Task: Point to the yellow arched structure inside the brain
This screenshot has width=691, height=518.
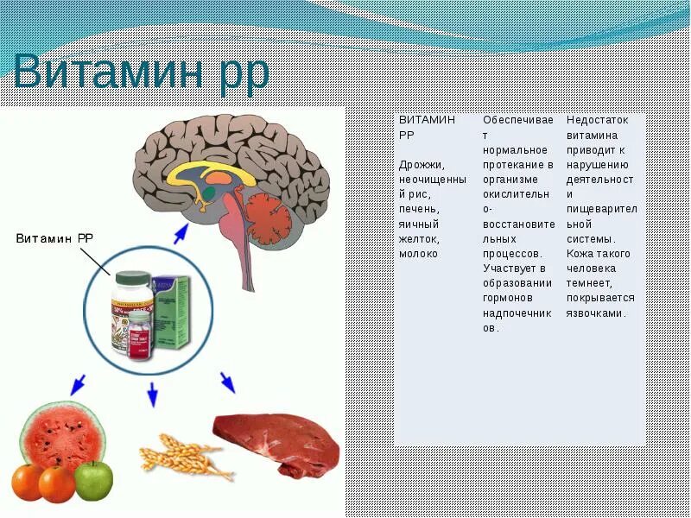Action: click(211, 174)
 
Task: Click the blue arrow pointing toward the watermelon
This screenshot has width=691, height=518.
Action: click(77, 383)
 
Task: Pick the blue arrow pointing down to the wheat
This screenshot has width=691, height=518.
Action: click(152, 394)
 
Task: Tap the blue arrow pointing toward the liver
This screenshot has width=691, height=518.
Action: click(227, 382)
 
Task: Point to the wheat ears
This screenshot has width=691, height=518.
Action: click(186, 455)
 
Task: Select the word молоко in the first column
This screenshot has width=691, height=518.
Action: click(419, 255)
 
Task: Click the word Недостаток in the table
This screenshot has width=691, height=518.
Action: click(598, 121)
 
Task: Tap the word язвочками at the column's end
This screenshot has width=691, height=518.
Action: click(596, 313)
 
